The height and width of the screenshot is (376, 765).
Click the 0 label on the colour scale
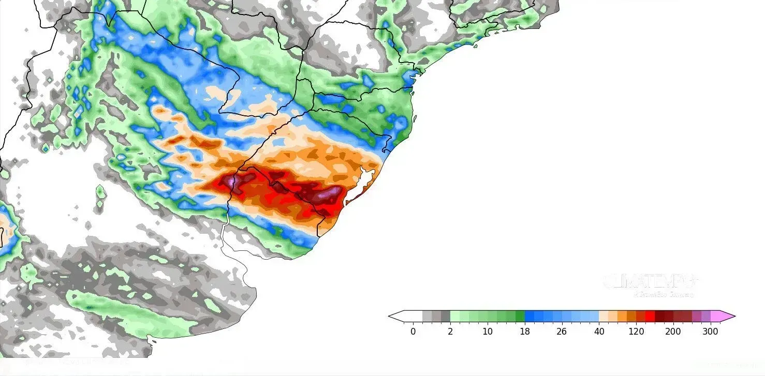pos(413,332)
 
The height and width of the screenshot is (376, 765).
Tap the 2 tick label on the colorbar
pos(450,332)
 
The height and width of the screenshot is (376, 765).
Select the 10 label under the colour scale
pos(488,332)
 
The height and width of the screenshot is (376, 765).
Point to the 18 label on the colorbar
pos(525,332)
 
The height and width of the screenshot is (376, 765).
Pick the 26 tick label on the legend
pos(562,332)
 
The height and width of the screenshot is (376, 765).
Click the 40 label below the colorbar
pos(599,332)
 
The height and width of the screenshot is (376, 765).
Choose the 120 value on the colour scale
pos(636,332)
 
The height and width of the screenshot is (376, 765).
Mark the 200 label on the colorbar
pos(673,332)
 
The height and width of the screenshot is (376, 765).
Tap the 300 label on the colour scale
pos(711,332)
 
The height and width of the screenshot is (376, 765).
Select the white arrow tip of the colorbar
pos(396,317)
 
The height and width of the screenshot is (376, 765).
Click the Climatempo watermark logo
pos(650,282)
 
